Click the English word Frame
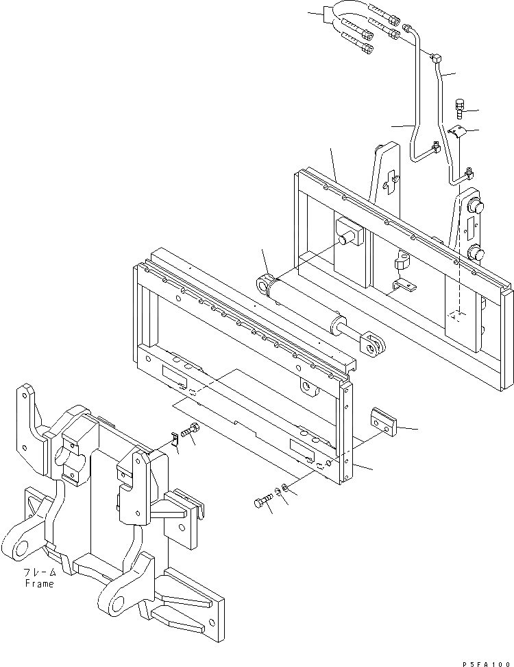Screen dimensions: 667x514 (38, 584)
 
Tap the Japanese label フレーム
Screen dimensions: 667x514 (38, 573)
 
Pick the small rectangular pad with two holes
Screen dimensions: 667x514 (383, 420)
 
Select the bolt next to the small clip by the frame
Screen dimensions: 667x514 (191, 433)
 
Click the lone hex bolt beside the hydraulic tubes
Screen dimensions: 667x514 (460, 108)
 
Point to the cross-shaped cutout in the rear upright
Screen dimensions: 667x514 (390, 182)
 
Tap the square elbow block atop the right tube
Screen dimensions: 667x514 (437, 60)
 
